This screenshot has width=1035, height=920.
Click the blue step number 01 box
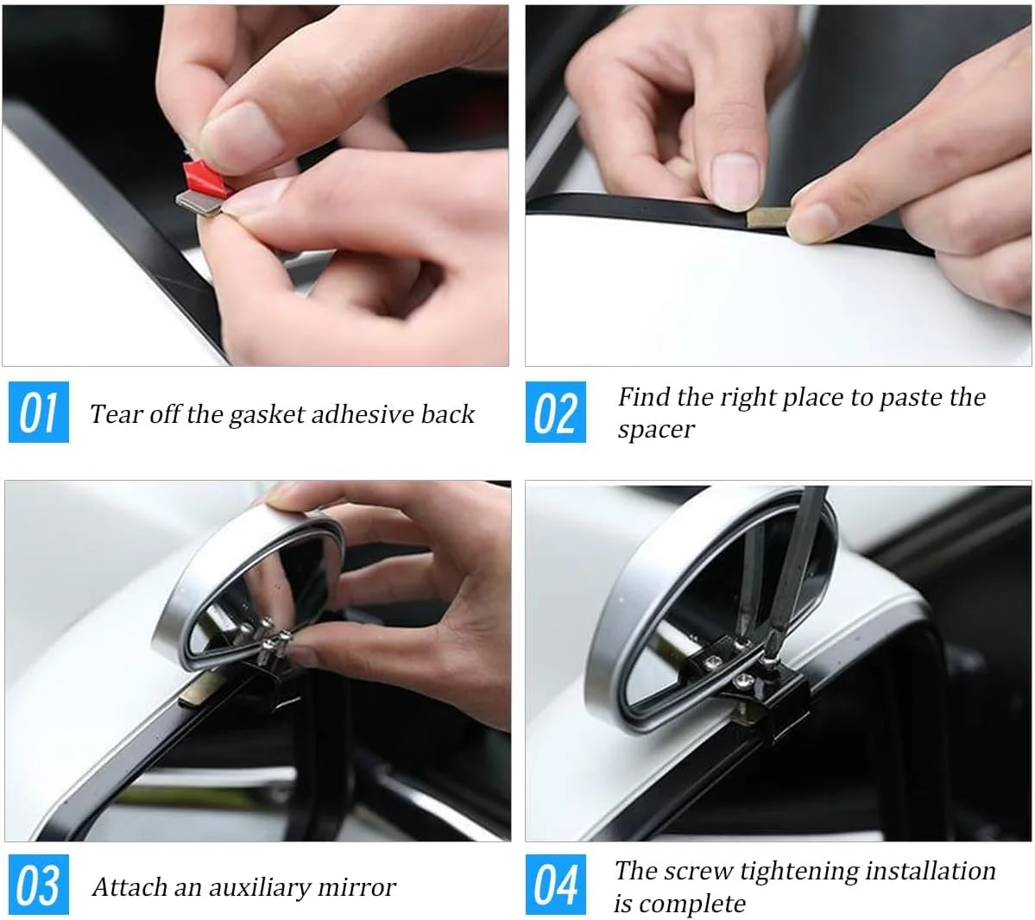tap(39, 413)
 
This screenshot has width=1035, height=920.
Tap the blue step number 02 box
tap(556, 413)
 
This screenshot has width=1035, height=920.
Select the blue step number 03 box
tap(39, 885)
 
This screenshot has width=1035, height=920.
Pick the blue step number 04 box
tap(556, 885)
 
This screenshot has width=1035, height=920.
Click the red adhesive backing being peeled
tap(204, 178)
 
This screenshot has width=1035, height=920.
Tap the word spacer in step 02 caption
tap(655, 431)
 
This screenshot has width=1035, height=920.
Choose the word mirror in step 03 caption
tap(357, 888)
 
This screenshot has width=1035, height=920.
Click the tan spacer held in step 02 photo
tap(767, 217)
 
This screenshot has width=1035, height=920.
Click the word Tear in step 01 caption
tap(114, 414)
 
